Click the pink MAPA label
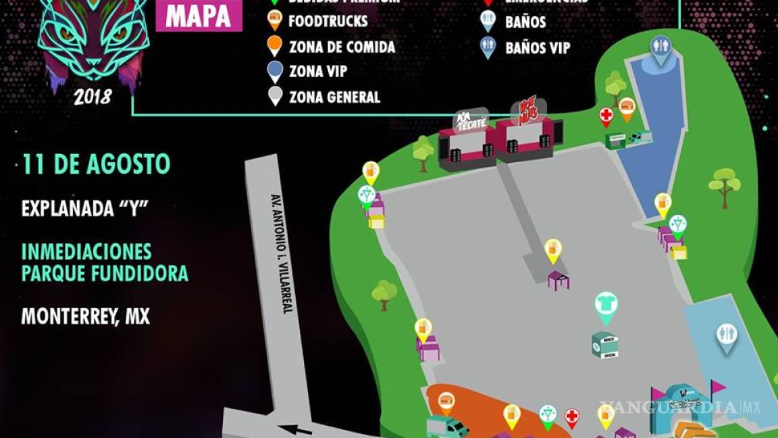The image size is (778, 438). point(199,17)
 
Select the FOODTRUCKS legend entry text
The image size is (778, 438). point(328,21)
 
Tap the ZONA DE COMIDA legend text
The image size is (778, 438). point(342,47)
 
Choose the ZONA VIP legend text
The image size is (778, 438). point(317,72)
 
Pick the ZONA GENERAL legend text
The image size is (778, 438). point(334,97)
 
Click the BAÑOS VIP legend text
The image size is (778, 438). point(538,48)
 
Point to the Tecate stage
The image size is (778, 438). point(467,139)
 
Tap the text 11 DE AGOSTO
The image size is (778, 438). point(96,164)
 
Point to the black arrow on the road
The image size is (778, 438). point(297,429)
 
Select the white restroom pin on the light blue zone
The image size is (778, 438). point(727,337)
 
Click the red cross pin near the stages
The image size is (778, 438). point(606,116)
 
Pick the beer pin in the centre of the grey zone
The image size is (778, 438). point(553,250)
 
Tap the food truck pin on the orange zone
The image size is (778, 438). point(446,402)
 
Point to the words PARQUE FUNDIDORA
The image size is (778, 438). point(105,274)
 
